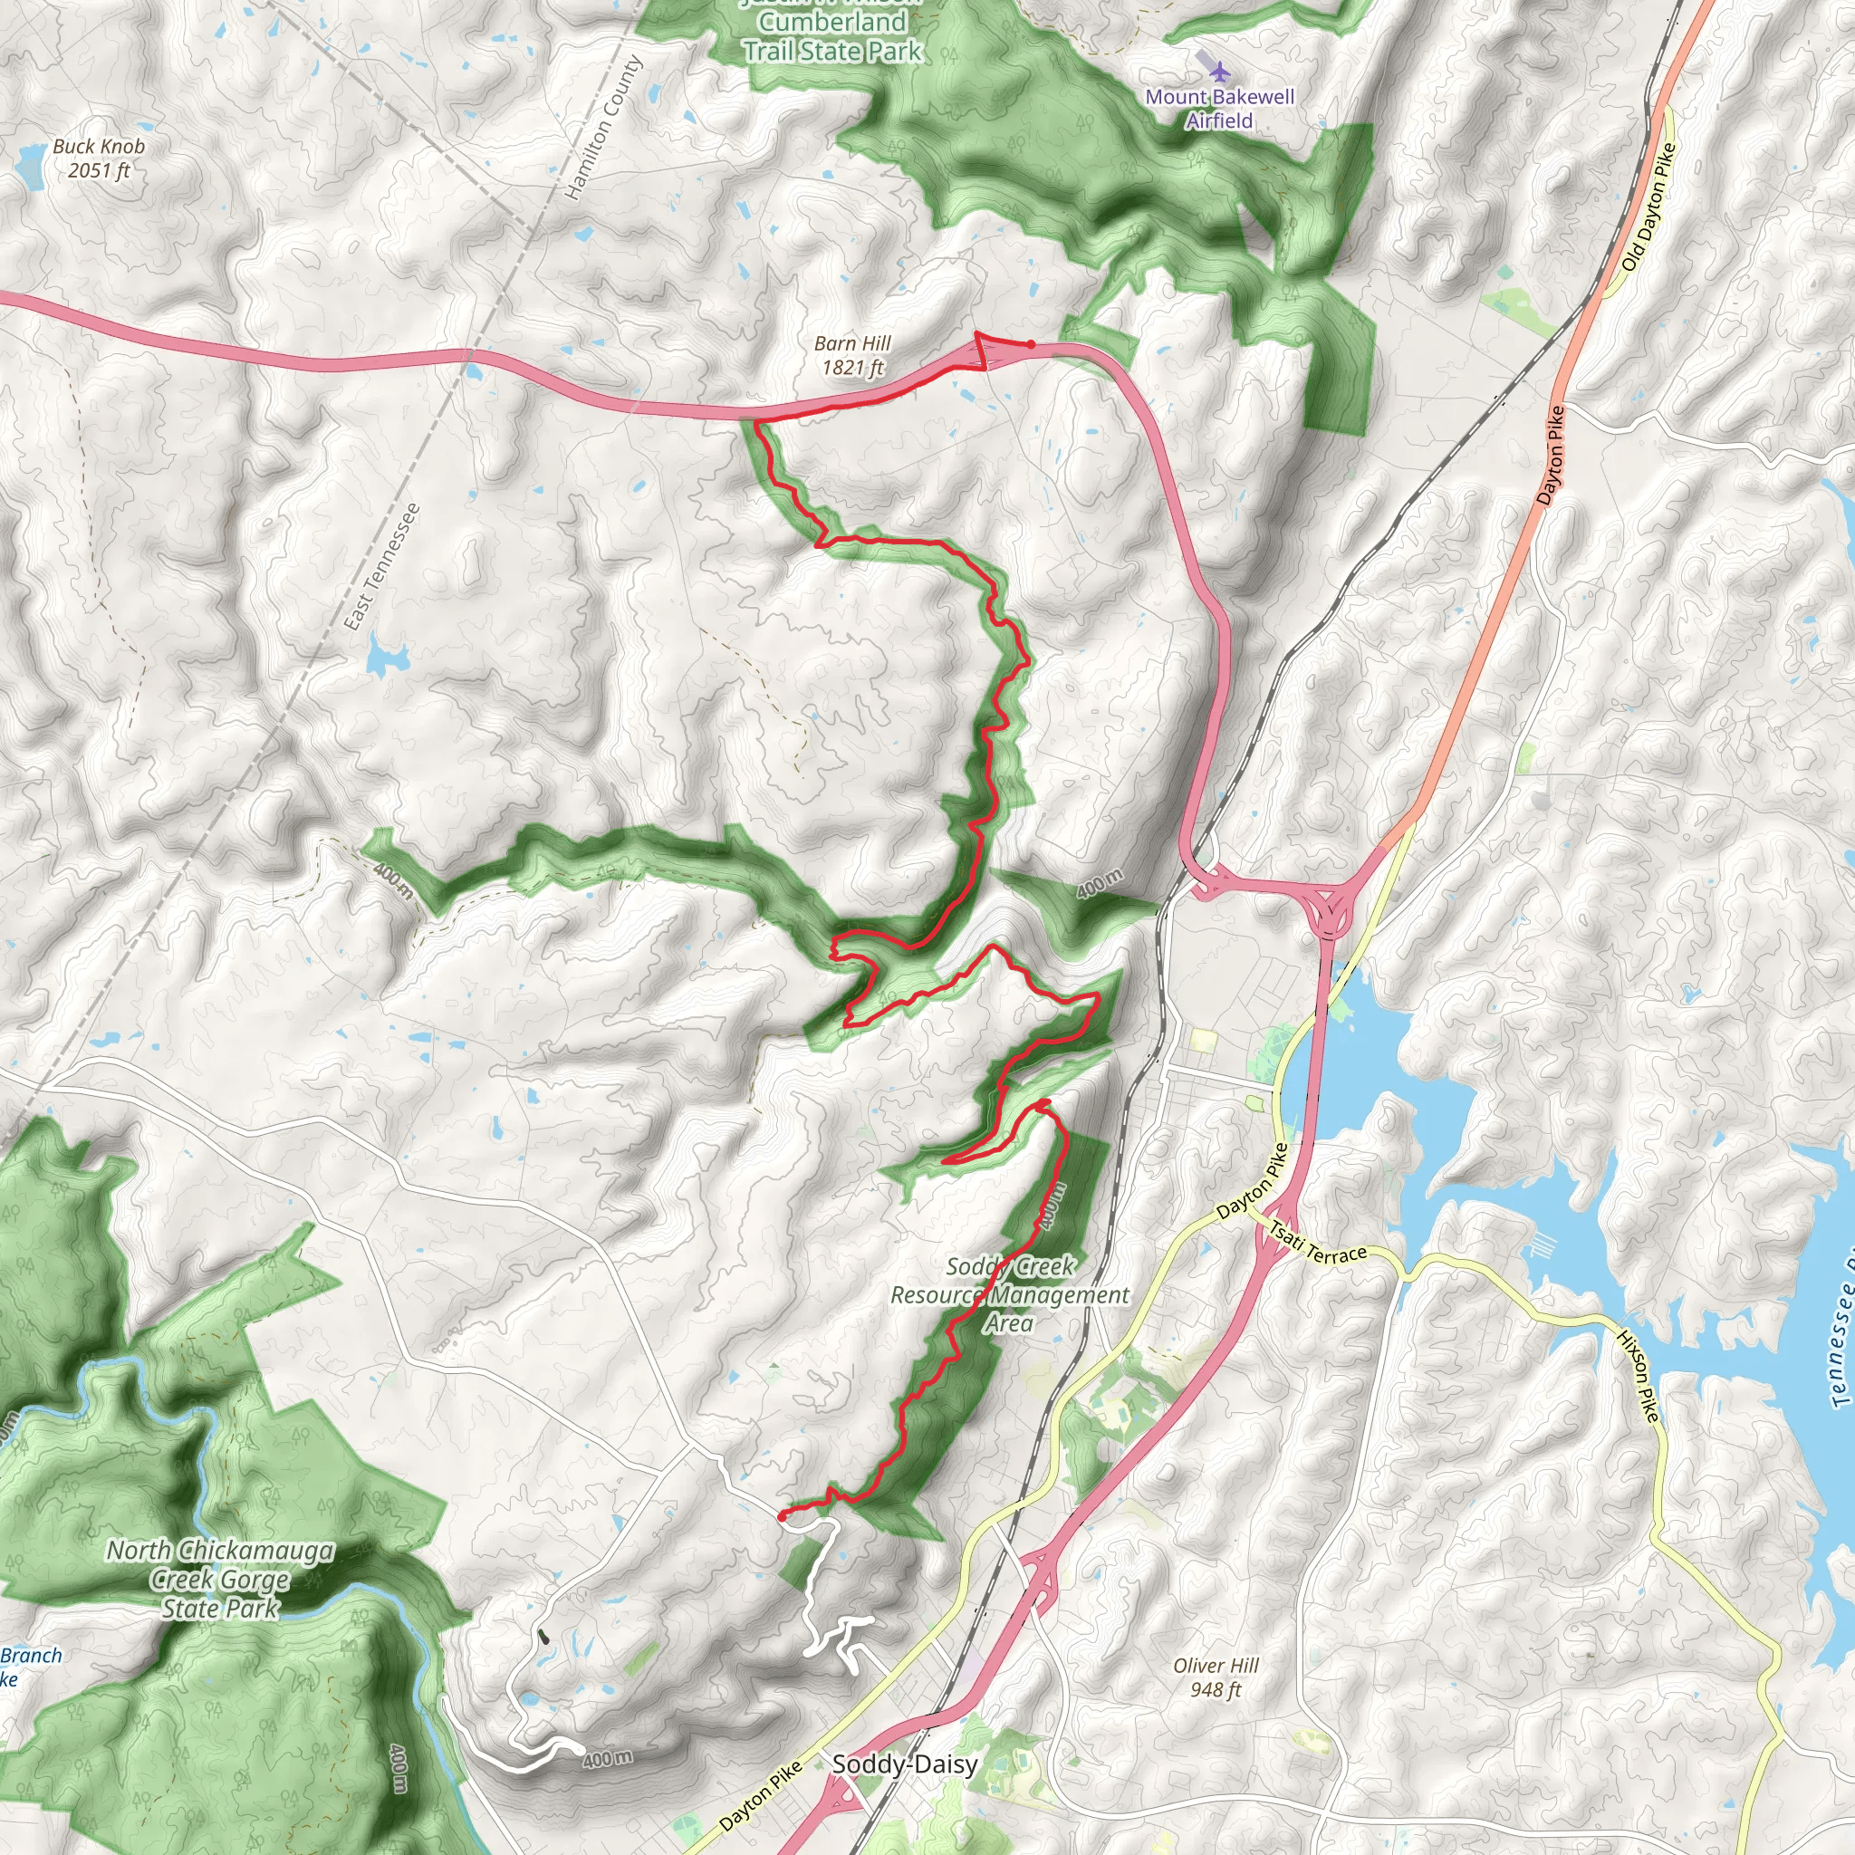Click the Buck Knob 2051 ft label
tap(98, 159)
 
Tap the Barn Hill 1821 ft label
tap(851, 355)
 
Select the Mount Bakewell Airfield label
tap(1219, 109)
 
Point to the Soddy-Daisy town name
tap(905, 1764)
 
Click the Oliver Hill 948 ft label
tap(1216, 1677)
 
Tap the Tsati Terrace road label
tap(1317, 1243)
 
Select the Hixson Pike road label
tap(1638, 1376)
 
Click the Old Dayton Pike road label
tap(1648, 207)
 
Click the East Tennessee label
tap(382, 566)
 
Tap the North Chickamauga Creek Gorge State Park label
tap(220, 1580)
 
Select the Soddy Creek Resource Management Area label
tap(1009, 1294)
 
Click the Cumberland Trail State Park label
tap(832, 35)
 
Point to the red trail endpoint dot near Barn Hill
tap(1030, 343)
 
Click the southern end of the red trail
tap(782, 1515)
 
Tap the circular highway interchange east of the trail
tap(1330, 907)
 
